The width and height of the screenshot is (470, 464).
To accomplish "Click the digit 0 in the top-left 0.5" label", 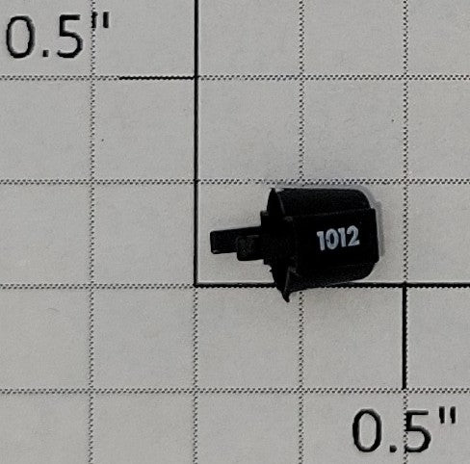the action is point(20,37).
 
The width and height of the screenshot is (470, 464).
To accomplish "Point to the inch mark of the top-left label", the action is point(100,21).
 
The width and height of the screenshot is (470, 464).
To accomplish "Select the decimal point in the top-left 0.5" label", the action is point(45,54).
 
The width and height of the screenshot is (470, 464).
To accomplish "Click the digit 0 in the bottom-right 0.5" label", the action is point(367,431).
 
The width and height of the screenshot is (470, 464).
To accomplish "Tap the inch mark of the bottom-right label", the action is point(447,416).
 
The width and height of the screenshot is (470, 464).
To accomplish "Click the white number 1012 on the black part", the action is point(338,238).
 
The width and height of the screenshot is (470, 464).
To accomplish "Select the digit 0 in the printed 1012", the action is point(330,239).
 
